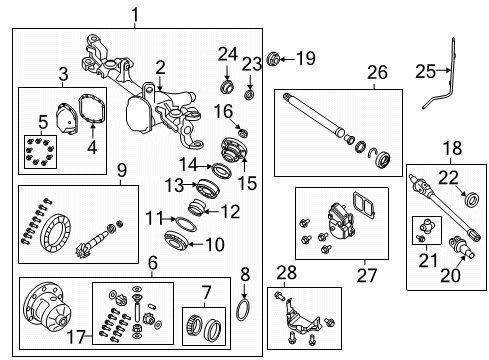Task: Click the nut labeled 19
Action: [x=277, y=58]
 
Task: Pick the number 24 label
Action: [x=228, y=53]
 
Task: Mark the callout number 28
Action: [x=286, y=273]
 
